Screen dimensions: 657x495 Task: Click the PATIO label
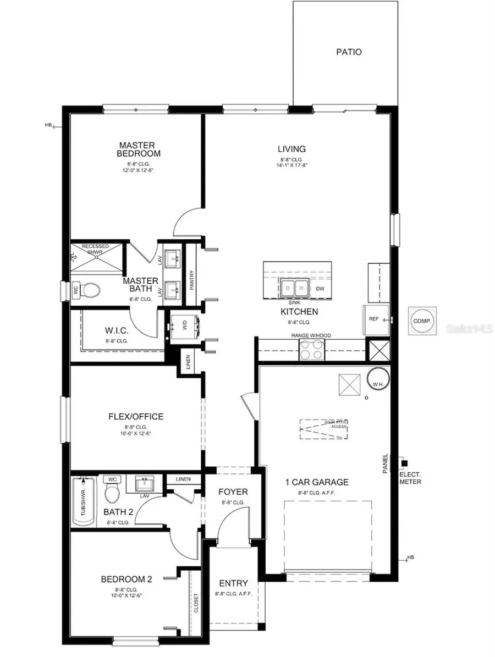[349, 52]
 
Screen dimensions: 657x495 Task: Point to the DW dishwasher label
[320, 288]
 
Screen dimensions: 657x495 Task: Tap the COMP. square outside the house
[423, 320]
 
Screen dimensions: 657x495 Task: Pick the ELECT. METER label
[410, 478]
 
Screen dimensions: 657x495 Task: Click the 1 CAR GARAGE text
[316, 482]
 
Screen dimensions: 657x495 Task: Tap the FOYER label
[233, 492]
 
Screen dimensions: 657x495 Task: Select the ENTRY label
[233, 583]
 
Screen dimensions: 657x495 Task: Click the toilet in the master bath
[89, 289]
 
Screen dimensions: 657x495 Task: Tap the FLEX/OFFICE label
[136, 416]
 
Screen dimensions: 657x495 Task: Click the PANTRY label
[191, 273]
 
